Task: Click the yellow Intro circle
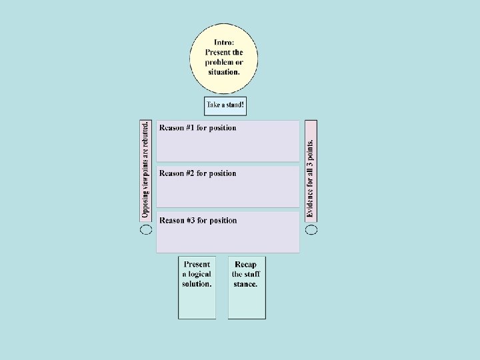(x=224, y=60)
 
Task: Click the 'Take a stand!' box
(x=225, y=105)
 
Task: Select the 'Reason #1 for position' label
(x=197, y=128)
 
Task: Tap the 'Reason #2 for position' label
(x=197, y=173)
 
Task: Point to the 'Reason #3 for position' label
(x=197, y=221)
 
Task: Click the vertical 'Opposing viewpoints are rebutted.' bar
(x=145, y=170)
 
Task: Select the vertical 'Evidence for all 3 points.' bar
(x=311, y=170)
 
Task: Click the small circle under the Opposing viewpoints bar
(x=146, y=229)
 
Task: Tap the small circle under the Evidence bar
(x=311, y=229)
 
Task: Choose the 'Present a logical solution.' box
(x=197, y=287)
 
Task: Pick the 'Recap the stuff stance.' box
(x=246, y=287)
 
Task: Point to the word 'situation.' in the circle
(x=224, y=71)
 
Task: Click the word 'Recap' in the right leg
(x=245, y=265)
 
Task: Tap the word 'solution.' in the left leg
(x=197, y=283)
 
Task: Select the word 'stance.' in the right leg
(x=245, y=284)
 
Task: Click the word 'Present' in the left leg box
(x=197, y=264)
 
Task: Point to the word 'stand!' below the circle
(x=234, y=105)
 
